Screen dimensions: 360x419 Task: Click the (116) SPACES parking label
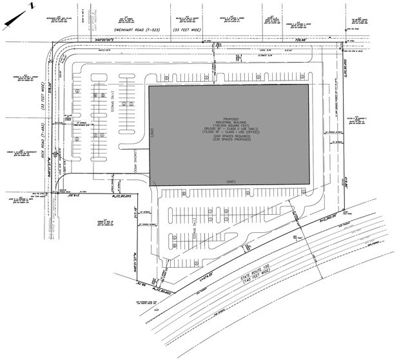click(112, 101)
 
